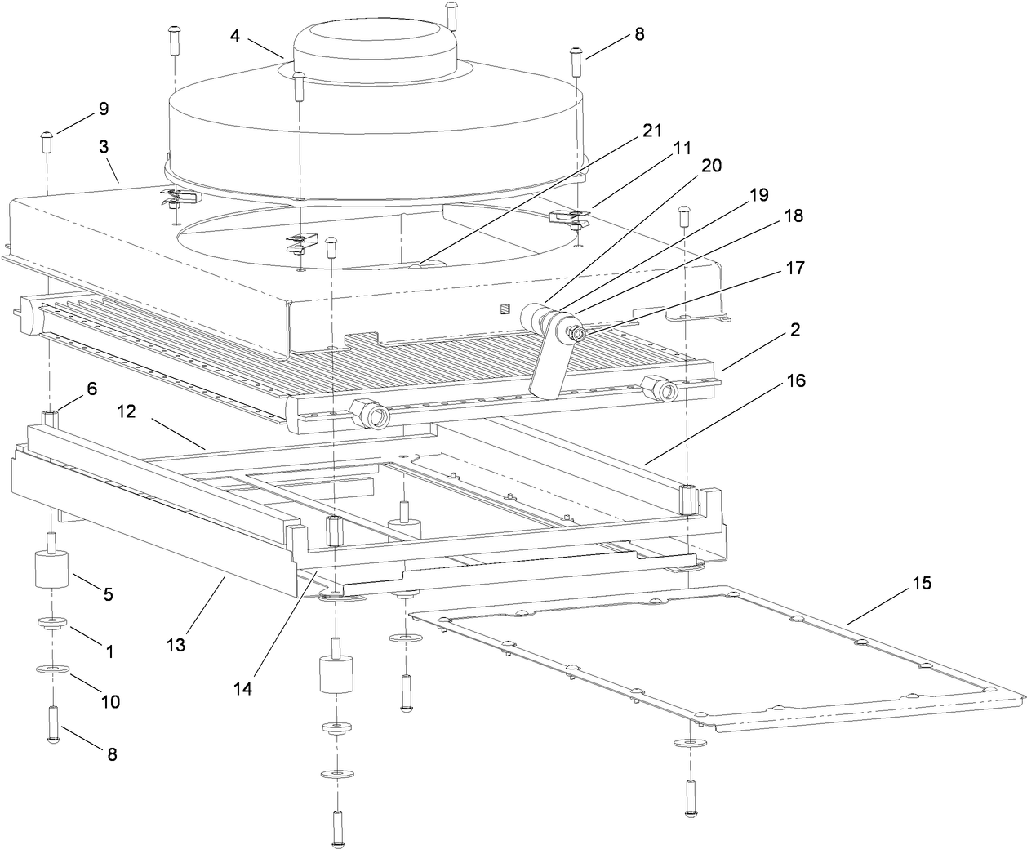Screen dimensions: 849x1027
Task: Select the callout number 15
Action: [x=922, y=585]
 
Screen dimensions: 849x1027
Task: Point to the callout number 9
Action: [x=103, y=109]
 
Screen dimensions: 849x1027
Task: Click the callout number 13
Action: [x=176, y=645]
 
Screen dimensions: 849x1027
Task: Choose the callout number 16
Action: [x=796, y=380]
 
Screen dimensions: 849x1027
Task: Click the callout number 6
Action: [x=92, y=389]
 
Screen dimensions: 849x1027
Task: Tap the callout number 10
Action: [x=110, y=700]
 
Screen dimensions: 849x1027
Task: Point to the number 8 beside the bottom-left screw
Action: [x=112, y=754]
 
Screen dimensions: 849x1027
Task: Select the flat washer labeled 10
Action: [x=52, y=670]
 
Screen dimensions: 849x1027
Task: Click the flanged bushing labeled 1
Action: [x=52, y=625]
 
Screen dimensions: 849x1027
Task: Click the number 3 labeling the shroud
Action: [x=103, y=146]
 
